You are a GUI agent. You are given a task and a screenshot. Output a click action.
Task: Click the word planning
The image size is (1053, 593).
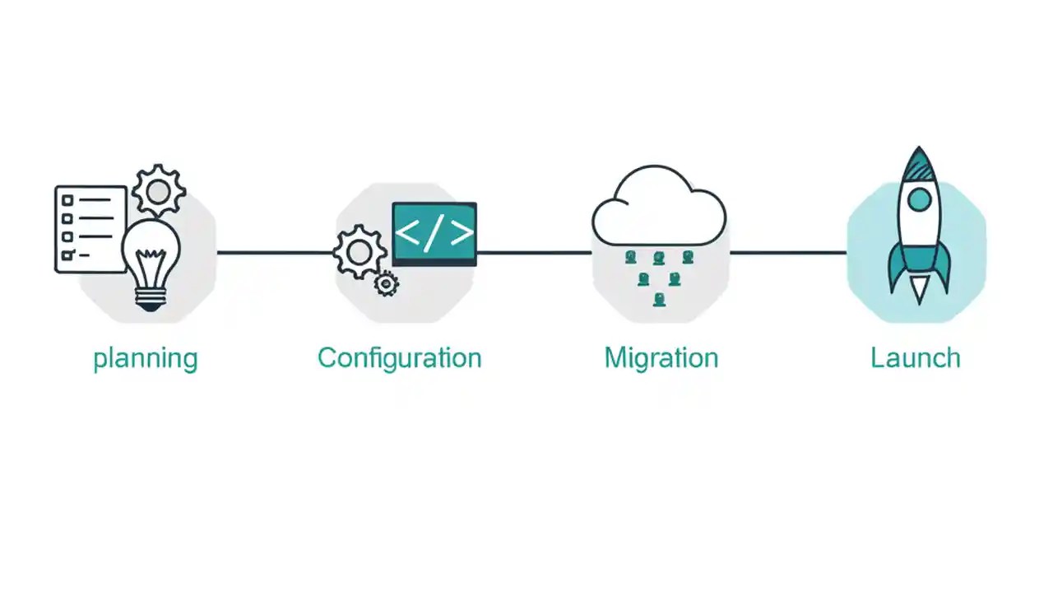click(145, 359)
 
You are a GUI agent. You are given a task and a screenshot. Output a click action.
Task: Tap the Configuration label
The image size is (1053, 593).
click(399, 358)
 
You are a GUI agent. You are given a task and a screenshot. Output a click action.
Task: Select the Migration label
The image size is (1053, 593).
click(661, 358)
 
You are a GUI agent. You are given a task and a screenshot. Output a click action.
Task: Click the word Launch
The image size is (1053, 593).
click(915, 358)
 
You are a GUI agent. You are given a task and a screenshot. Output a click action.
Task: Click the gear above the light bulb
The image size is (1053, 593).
click(158, 191)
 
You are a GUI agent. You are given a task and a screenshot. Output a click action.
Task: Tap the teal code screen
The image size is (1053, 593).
click(434, 232)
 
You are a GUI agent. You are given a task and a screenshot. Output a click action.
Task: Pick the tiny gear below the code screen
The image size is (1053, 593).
click(386, 285)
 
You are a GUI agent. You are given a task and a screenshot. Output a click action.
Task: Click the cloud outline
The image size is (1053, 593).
click(659, 206)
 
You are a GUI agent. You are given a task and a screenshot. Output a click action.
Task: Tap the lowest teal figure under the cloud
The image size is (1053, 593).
click(658, 300)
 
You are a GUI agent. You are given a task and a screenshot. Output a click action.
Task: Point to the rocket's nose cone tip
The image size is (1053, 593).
click(919, 152)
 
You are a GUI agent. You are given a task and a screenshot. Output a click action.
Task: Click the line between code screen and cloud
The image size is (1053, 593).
click(535, 253)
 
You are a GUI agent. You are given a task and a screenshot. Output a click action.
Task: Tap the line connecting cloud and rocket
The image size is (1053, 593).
click(788, 253)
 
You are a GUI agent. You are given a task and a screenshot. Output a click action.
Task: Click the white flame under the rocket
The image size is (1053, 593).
click(919, 288)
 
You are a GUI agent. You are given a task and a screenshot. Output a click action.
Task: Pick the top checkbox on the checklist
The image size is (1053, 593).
click(67, 200)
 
